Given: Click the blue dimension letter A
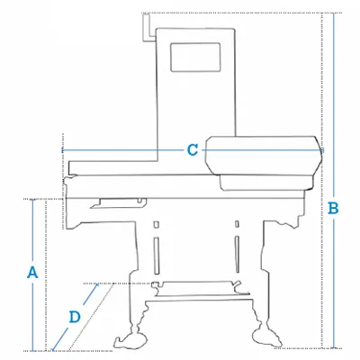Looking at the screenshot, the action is tap(32, 272).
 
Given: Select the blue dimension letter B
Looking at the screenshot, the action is tap(333, 208).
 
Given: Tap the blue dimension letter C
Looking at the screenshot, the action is tap(193, 149).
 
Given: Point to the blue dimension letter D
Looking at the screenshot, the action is tap(75, 317).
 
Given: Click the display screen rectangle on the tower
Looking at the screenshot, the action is tap(195, 58).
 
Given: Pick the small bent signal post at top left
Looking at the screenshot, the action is tap(148, 27).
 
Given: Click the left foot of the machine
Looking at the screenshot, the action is tap(131, 340).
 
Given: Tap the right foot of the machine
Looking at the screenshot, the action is tap(267, 337).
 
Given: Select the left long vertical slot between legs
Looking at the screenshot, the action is tap(157, 256).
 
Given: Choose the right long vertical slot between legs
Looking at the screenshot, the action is tap(237, 255).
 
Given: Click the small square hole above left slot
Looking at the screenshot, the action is tap(156, 224).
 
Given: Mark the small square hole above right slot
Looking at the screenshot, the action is tap(237, 224).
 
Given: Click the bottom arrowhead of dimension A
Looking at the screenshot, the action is tap(32, 350).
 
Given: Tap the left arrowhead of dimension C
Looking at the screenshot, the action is tap(63, 149).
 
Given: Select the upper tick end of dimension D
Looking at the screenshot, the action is tap(96, 284).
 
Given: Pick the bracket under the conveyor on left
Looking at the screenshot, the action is tap(119, 203).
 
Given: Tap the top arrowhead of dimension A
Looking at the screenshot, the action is tap(32, 200).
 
